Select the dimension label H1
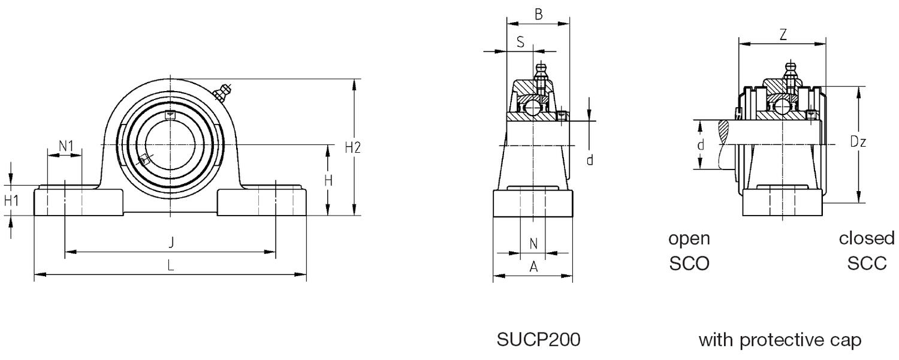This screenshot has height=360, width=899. pos(11,201)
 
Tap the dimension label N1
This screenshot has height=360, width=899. pos(65,145)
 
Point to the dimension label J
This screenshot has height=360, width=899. pos(171,243)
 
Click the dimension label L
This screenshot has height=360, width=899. pos(171,265)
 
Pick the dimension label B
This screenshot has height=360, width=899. pos(538,15)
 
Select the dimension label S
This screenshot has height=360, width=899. pos(520,42)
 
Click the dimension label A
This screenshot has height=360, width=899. pos(533,268)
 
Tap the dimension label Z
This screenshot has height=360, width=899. pos(783,35)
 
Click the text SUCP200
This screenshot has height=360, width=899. pos(538,340)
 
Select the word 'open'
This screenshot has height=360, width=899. pos(689,238)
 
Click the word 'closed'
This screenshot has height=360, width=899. pos(866,238)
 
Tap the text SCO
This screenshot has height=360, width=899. pos(689,264)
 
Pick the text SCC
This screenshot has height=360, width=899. pos(867,264)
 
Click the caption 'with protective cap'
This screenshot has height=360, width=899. pos(780,340)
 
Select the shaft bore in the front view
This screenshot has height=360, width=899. pos(171,144)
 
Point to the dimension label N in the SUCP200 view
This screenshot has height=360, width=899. pos(533,243)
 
